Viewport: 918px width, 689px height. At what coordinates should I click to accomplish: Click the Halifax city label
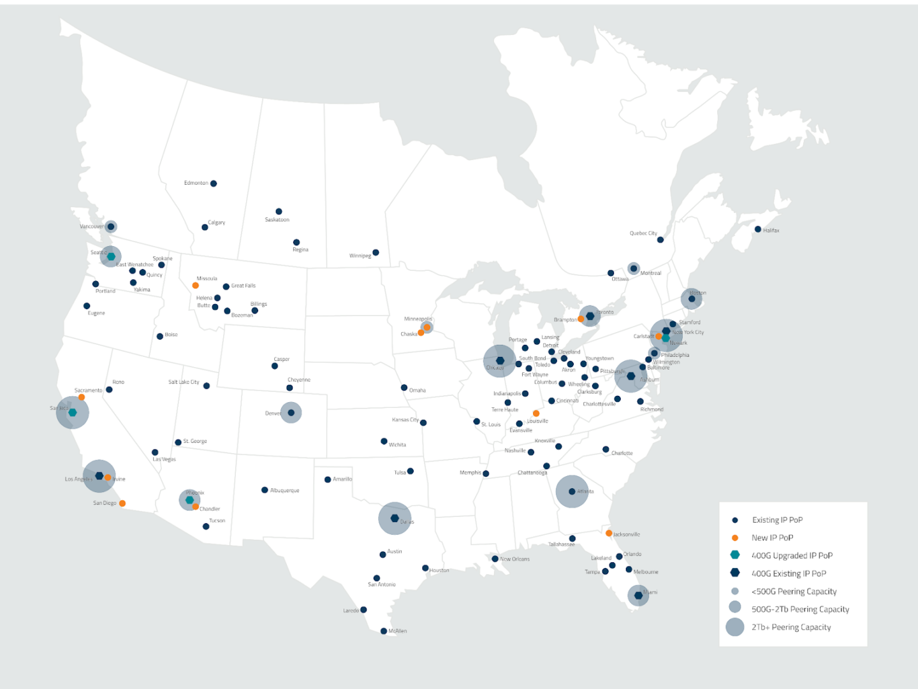point(771,230)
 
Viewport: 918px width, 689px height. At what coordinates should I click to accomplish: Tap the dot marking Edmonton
point(214,184)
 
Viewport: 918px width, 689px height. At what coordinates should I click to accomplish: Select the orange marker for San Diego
point(122,504)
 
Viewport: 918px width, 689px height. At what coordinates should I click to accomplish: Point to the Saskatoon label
point(277,220)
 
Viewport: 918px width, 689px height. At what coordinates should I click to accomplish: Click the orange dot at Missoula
point(195,286)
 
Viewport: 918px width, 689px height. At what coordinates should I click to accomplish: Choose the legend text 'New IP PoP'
point(772,538)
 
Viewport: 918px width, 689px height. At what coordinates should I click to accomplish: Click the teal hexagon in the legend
point(735,555)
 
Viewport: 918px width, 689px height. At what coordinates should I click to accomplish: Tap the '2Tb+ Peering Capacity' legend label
point(791,627)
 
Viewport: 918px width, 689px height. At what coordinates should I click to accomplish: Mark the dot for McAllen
point(384,631)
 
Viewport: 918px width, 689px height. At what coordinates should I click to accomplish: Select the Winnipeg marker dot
point(375,252)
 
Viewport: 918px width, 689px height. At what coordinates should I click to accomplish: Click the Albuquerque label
point(284,491)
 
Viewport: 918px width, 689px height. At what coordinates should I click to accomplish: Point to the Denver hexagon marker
point(291,413)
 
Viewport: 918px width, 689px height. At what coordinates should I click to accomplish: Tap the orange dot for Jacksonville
point(609,533)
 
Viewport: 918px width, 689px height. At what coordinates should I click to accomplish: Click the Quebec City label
point(643,233)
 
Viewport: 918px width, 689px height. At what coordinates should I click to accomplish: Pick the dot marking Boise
point(160,337)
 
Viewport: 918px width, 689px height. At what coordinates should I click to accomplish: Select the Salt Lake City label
point(184,382)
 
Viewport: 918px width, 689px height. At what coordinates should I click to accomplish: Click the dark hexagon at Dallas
point(395,518)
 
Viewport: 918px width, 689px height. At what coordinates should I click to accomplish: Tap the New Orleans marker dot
point(495,559)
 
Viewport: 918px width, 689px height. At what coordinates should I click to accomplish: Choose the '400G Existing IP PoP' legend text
point(789,574)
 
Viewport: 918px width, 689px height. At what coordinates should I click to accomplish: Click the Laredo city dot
point(363,610)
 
